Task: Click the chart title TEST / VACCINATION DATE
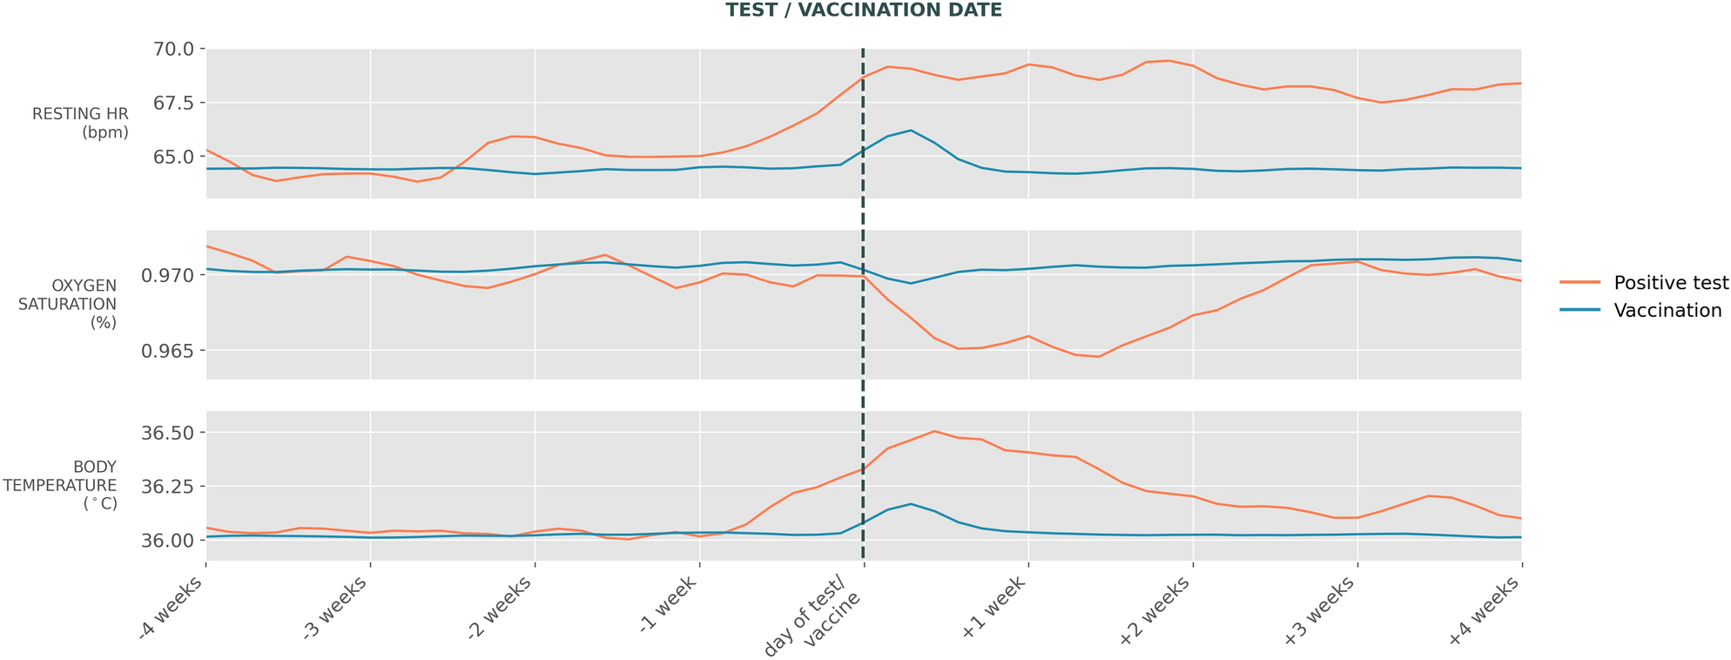tap(864, 10)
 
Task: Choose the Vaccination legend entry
tap(1640, 311)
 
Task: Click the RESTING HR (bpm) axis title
tap(80, 124)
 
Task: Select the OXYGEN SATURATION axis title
tap(84, 304)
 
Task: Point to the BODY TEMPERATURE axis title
tap(60, 485)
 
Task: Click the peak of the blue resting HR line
tap(911, 131)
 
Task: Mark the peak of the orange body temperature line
tap(933, 431)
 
